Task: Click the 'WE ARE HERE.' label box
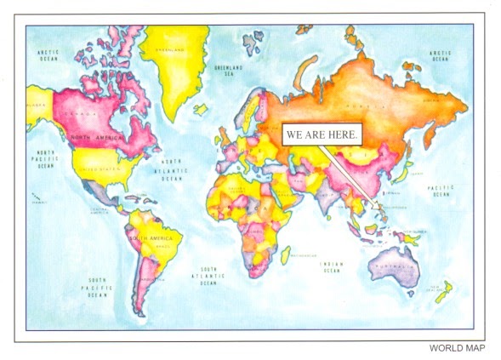tap(322, 134)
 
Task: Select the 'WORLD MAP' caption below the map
tap(457, 347)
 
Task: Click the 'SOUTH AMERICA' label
tap(144, 240)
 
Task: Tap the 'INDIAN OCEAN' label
tap(330, 267)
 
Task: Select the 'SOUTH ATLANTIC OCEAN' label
tap(208, 274)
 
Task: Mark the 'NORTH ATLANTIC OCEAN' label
tap(172, 170)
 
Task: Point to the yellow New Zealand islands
tap(441, 292)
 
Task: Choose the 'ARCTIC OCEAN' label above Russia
tap(439, 56)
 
